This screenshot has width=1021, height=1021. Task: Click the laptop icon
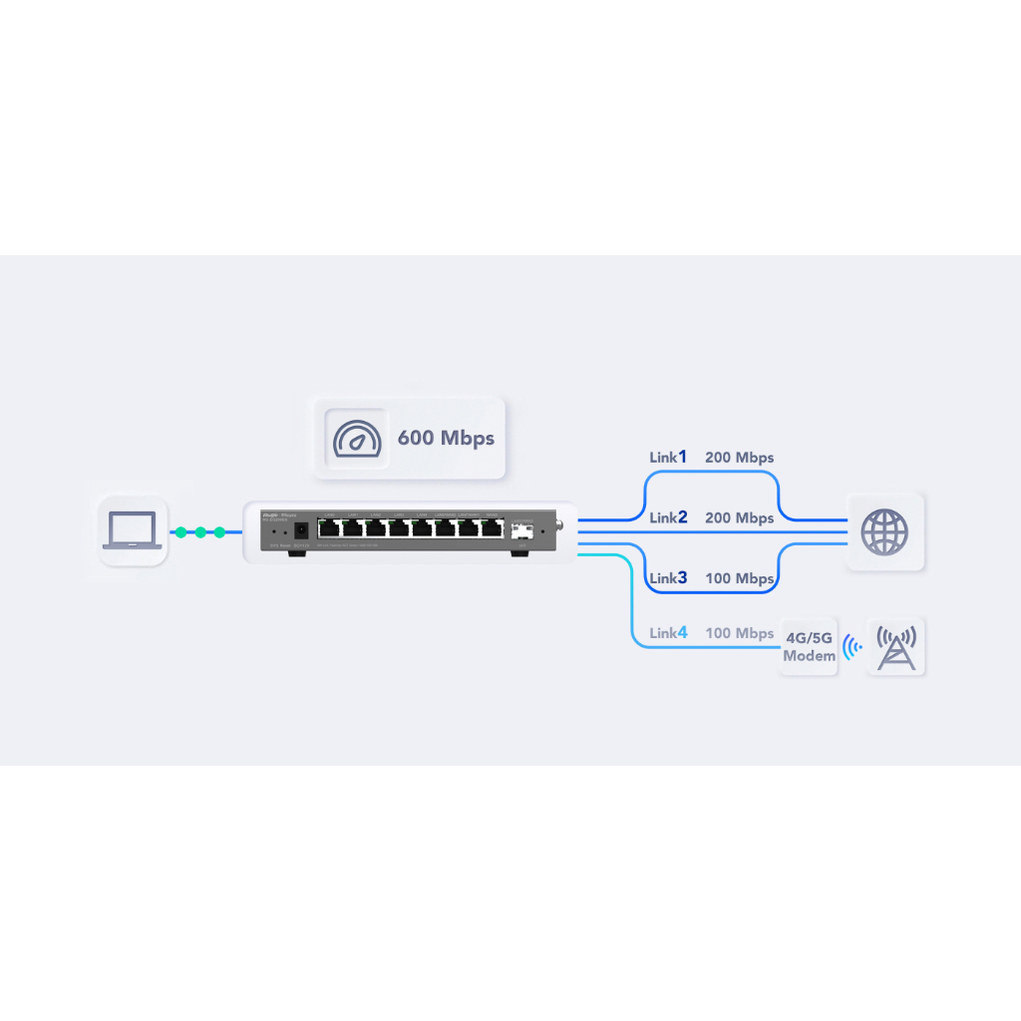point(133,531)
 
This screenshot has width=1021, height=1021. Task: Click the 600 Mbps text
point(446,438)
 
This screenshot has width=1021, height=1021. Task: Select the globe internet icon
point(884,531)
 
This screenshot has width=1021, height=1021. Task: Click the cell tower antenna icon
point(895,646)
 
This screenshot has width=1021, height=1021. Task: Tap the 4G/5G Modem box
point(808,647)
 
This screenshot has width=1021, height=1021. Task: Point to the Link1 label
point(668,457)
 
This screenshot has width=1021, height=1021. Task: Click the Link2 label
point(668,517)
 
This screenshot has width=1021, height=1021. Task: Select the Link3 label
point(668,578)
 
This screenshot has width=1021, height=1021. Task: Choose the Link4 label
point(668,633)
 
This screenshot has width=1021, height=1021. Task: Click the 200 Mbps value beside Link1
point(739,458)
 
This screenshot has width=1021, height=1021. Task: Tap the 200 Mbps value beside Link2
point(739,518)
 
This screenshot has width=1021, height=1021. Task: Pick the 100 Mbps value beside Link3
point(739,579)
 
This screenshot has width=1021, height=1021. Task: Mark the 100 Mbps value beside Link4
point(739,634)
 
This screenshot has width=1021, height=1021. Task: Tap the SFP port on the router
point(521,529)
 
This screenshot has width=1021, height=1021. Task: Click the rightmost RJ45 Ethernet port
point(492,528)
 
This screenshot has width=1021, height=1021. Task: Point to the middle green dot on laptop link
point(200,532)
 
